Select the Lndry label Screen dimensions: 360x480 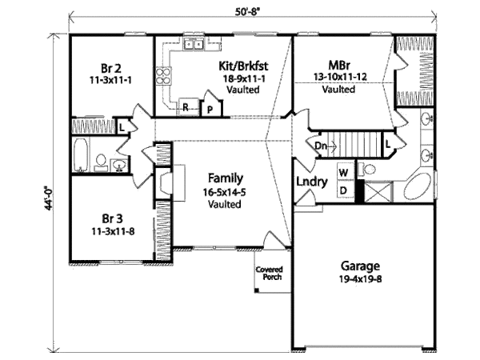312,182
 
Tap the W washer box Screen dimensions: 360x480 343,173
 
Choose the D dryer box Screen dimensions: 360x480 343,190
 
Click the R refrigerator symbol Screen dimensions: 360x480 185,106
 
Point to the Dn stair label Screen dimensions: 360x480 319,146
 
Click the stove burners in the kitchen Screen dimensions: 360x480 164,76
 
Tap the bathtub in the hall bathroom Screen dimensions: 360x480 80,155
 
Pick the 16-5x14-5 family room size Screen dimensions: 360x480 226,191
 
